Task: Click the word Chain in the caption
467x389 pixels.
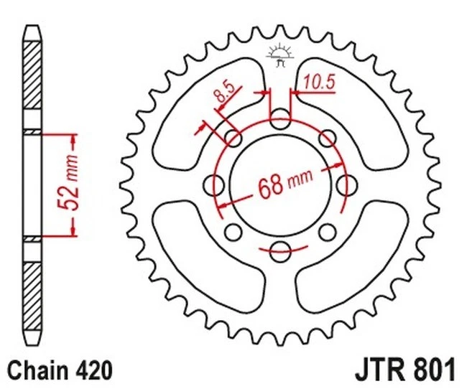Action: [35, 371]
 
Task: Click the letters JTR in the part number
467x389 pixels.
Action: [380, 371]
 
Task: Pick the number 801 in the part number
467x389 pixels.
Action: [433, 371]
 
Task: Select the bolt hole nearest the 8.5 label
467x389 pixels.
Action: [233, 138]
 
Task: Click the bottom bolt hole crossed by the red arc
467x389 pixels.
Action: [280, 249]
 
